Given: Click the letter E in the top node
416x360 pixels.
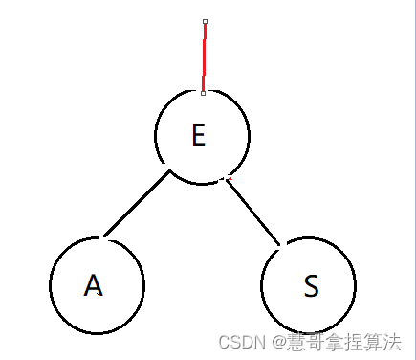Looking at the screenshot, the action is pos(198,135).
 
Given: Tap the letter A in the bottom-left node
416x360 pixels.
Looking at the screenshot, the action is pos(93,285).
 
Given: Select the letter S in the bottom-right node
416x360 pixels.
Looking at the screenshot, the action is pos(310,286).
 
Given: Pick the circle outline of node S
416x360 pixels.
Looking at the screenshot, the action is pos(355,285).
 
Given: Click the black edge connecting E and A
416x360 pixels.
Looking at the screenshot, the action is pos(137,203).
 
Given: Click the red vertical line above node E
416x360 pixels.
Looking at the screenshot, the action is pos(204,57).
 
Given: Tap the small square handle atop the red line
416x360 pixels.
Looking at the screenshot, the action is pos(205,20).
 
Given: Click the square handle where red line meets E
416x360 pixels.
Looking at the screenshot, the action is pos(203,93).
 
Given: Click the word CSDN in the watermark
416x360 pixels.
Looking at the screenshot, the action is pos(239,341).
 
